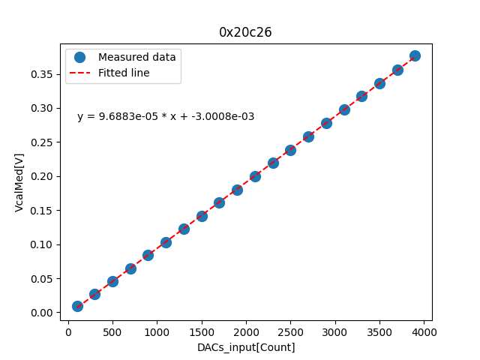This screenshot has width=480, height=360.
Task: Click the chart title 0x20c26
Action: point(245,32)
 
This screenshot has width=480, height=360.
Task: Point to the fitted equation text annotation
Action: point(166,116)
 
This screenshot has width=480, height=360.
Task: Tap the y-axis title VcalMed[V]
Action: point(19,182)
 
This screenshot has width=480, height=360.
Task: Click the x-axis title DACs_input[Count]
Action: point(246,347)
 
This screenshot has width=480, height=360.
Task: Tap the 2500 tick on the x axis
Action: point(290,331)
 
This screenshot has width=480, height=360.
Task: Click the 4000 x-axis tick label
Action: point(424,331)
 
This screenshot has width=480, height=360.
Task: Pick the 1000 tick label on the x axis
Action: point(157,331)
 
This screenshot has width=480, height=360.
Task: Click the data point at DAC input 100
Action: point(77,306)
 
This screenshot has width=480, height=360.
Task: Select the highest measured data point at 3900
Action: point(415,55)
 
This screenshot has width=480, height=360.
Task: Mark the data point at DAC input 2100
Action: point(255,176)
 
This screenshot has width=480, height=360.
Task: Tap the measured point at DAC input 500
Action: point(112,281)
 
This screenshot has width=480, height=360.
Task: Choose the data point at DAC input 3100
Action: point(344,109)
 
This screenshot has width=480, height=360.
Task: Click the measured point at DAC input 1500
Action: point(202,216)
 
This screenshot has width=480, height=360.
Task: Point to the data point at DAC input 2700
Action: point(308,136)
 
